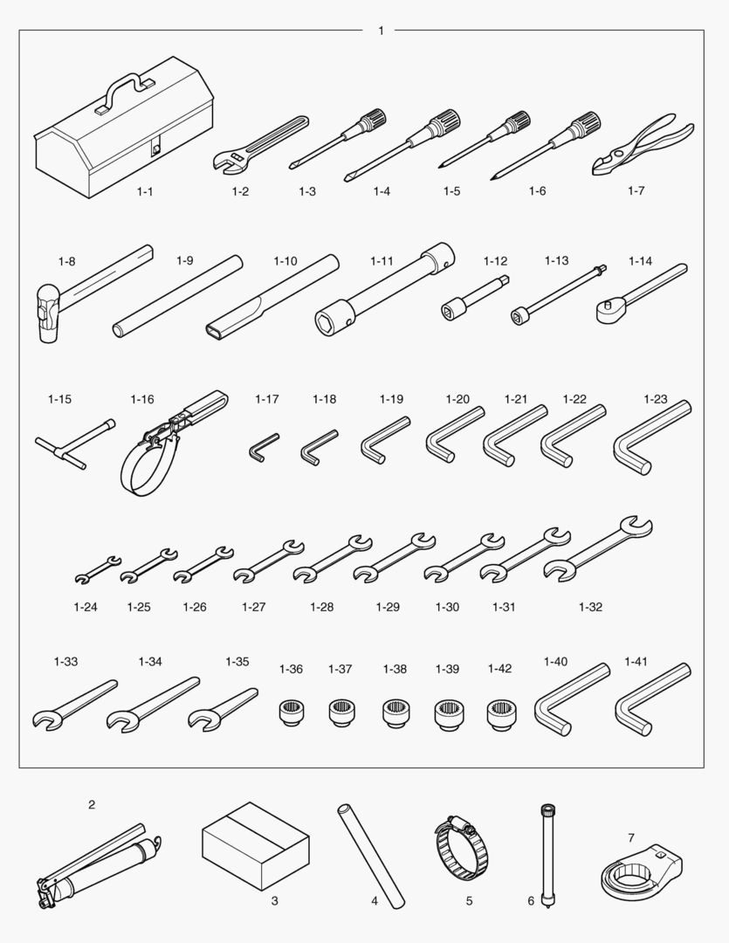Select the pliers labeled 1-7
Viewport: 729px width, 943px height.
coord(642,144)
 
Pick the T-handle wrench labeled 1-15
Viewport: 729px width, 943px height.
coord(74,444)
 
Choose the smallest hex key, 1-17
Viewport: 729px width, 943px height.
coord(263,447)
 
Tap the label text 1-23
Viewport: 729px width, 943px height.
coord(655,399)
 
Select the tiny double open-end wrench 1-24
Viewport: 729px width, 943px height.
coord(98,569)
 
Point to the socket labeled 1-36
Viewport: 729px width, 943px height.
coord(292,712)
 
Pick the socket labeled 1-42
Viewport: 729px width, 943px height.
coord(500,715)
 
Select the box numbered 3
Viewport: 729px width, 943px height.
coord(256,845)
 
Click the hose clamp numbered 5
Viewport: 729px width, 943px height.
coord(462,849)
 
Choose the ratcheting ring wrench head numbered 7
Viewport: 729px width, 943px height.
coord(641,871)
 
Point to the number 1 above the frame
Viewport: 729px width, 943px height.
coord(381,31)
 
